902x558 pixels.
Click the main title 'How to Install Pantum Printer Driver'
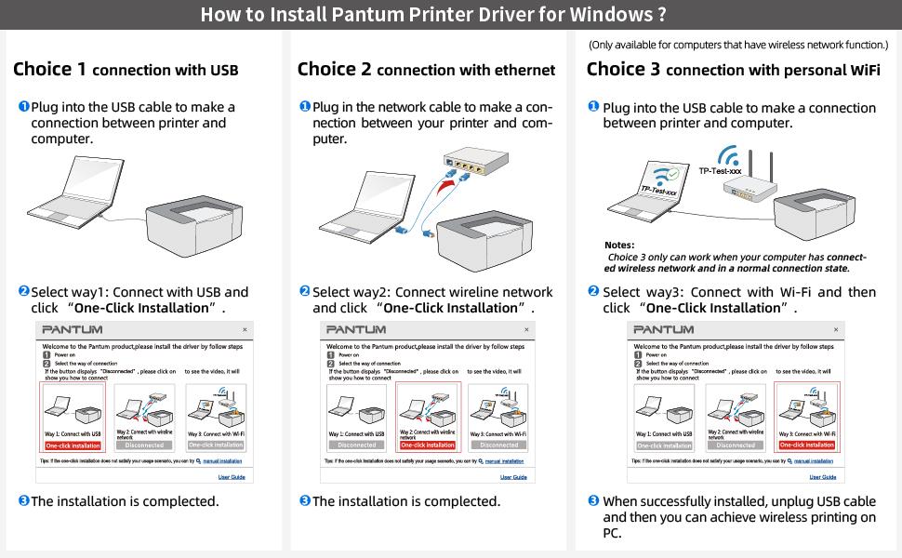(433, 15)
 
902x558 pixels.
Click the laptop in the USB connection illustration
(69, 195)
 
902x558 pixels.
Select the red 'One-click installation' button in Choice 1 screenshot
(73, 445)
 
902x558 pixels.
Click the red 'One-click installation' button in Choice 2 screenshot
(428, 445)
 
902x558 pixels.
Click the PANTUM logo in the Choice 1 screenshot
(73, 330)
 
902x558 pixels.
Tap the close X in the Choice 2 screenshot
(526, 330)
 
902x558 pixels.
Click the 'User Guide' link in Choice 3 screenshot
(822, 477)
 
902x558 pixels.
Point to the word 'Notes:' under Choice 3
(619, 246)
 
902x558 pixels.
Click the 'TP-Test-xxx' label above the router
(721, 171)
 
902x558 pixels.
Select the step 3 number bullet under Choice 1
(24, 500)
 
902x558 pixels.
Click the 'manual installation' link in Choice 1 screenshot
(222, 461)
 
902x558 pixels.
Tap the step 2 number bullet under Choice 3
(593, 291)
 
